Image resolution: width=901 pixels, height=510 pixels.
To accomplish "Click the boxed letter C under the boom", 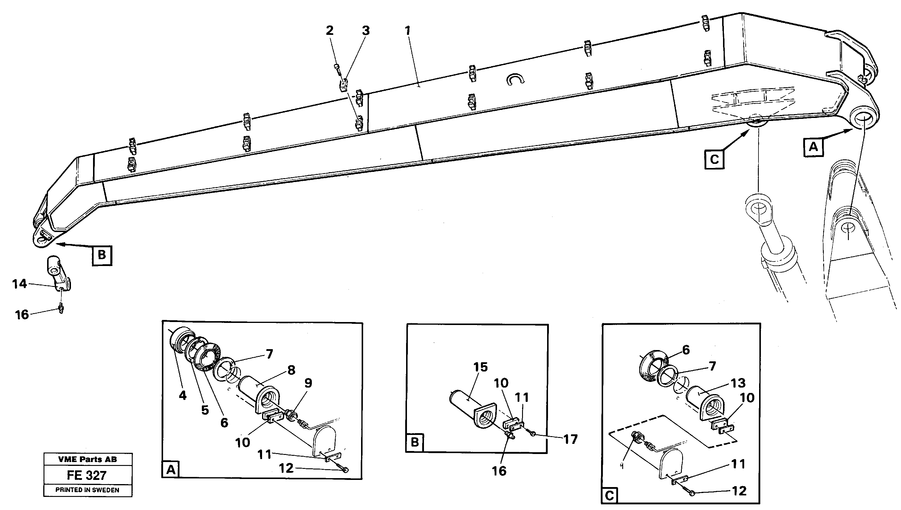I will (714, 160).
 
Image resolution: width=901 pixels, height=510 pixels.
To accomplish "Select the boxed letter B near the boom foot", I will (102, 255).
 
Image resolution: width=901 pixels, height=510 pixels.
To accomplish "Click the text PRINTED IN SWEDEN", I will (87, 490).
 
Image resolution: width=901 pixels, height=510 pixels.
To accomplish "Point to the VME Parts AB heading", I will (87, 459).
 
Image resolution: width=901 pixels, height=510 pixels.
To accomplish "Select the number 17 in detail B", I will (570, 439).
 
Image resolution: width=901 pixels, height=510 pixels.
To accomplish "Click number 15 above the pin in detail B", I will (480, 367).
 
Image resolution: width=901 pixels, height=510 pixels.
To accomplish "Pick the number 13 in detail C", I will (738, 383).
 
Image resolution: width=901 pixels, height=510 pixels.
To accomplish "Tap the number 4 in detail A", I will (182, 396).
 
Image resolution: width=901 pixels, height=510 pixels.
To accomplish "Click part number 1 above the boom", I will (407, 31).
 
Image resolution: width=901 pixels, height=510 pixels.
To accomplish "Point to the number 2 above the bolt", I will (329, 31).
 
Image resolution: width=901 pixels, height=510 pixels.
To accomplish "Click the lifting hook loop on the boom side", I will (515, 80).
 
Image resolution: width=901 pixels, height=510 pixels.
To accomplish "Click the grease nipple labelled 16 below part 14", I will (61, 309).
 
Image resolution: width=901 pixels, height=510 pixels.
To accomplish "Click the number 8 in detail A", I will (291, 370).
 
